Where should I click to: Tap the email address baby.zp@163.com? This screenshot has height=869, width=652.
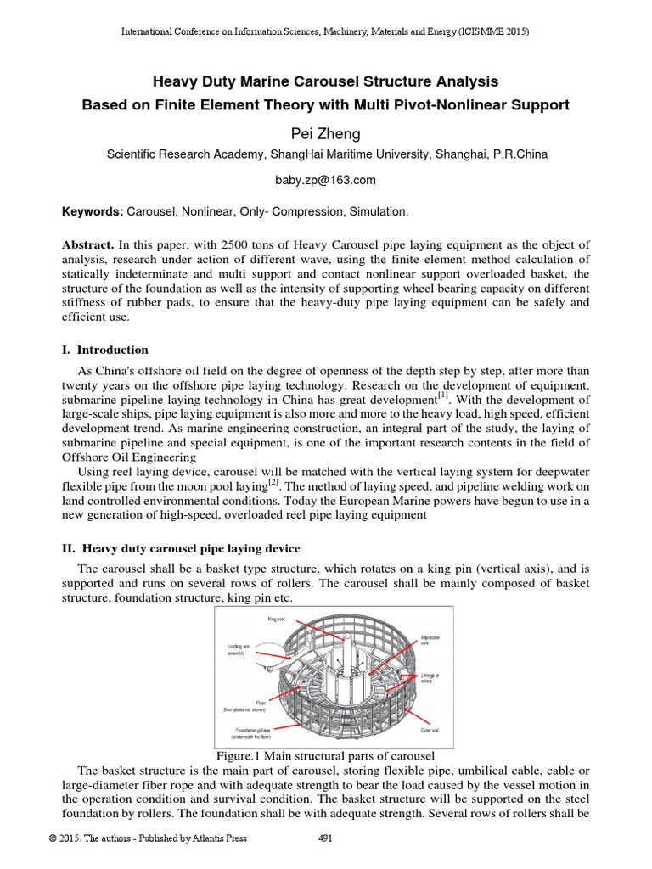326,180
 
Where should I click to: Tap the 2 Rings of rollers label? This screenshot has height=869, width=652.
430,679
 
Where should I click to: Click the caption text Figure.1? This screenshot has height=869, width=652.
242,755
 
